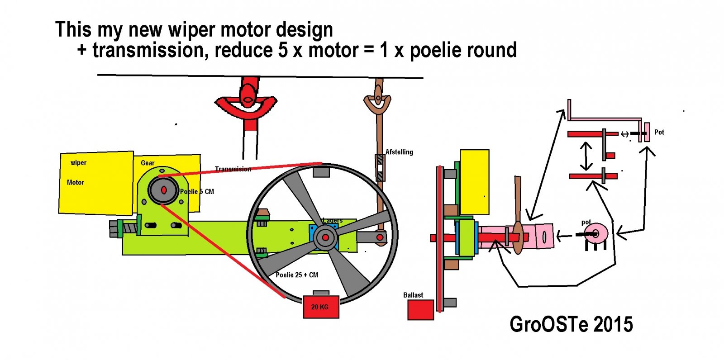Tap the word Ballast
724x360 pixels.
click(413, 295)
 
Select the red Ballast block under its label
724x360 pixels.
click(420, 310)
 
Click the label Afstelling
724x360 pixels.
click(399, 152)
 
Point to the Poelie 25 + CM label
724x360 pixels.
click(297, 275)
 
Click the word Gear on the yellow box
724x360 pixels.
click(148, 163)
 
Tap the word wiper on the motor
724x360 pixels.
click(78, 163)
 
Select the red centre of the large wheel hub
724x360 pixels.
click(325, 237)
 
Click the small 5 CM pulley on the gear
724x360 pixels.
click(163, 190)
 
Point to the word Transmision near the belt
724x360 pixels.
click(233, 169)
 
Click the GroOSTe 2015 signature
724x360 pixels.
click(571, 324)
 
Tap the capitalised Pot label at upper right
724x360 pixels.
click(659, 132)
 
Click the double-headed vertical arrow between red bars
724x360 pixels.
click(586, 156)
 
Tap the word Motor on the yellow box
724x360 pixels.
click(76, 182)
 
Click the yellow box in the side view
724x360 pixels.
click(474, 182)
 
